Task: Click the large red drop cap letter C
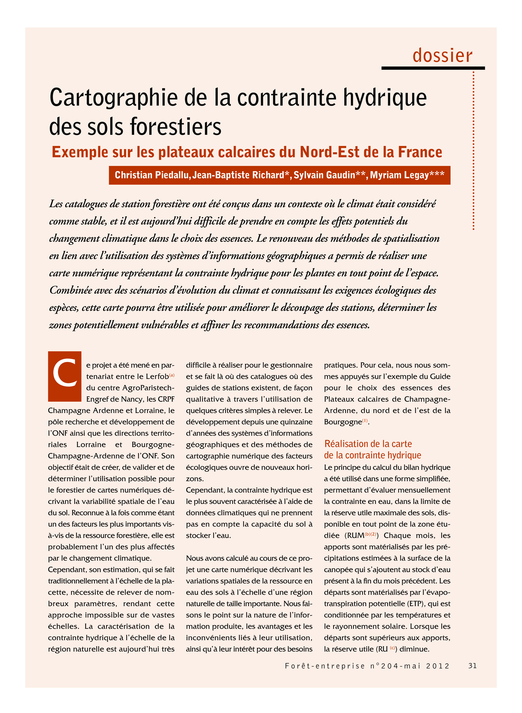[x=65, y=376]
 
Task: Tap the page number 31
[x=472, y=665]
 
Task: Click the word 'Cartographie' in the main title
[x=114, y=98]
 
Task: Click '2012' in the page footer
[x=438, y=666]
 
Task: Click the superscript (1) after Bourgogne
[x=365, y=420]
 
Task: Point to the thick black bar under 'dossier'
[x=433, y=68]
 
